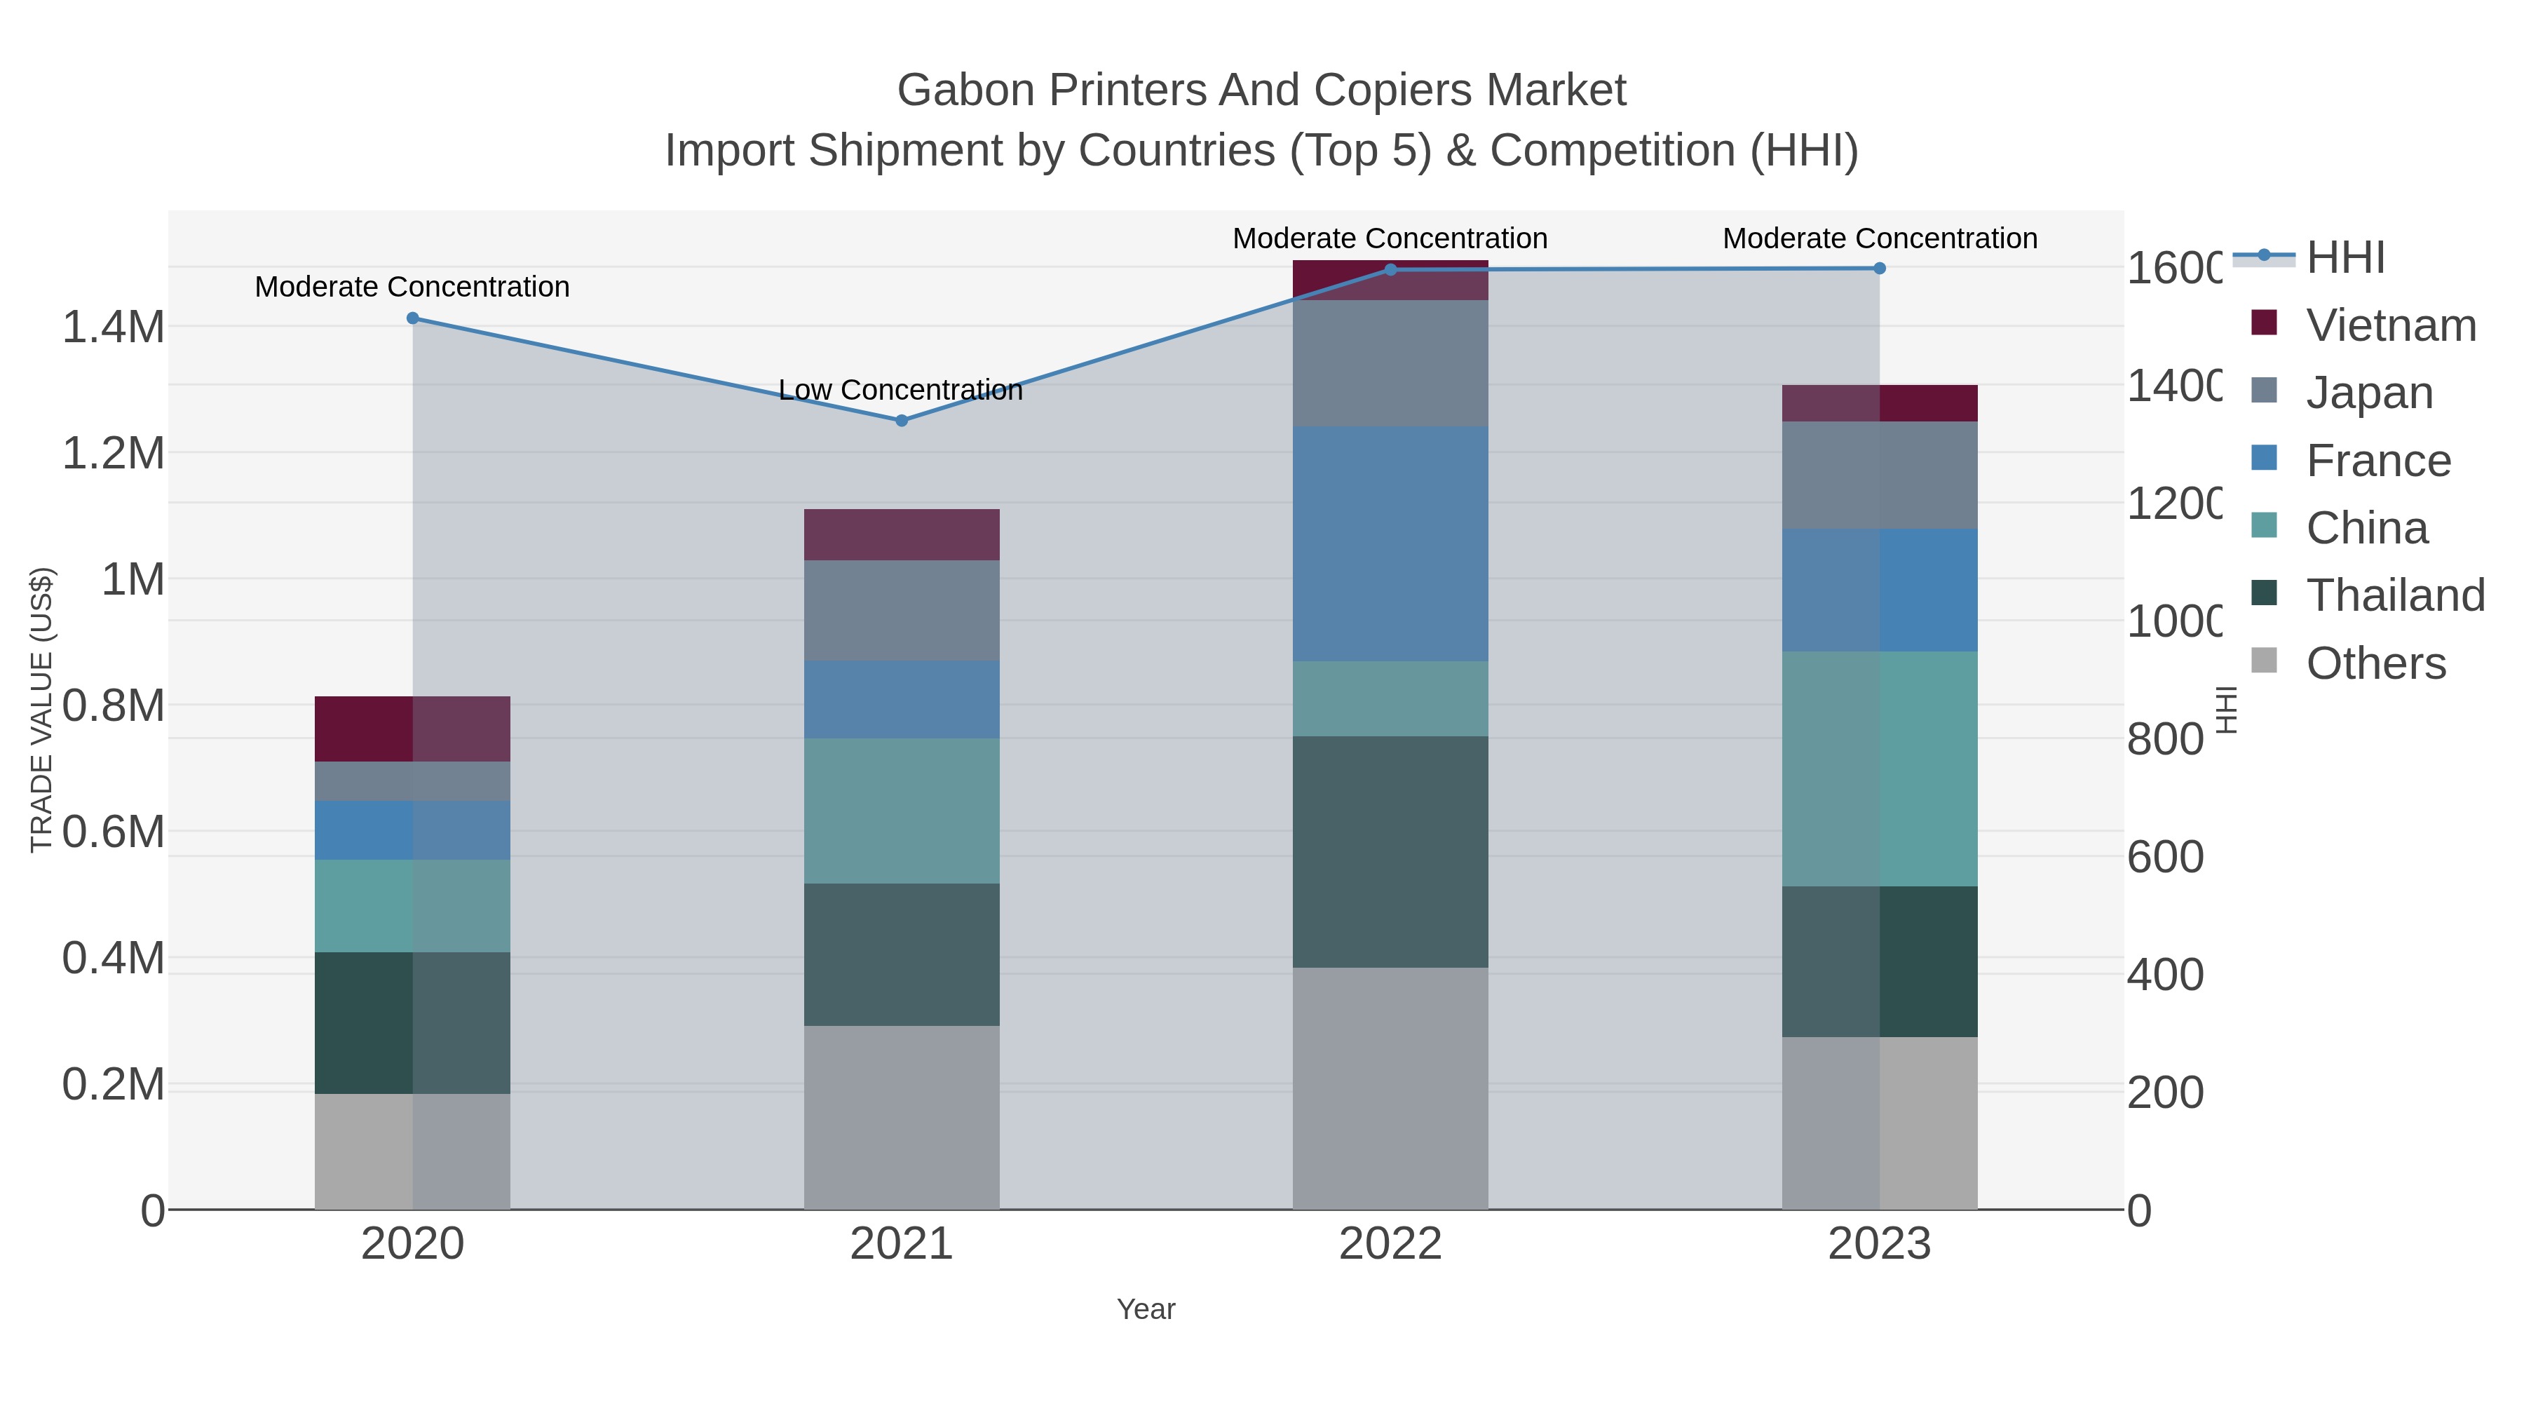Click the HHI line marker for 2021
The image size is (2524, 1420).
coord(902,421)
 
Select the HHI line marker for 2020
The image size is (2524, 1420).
coord(412,318)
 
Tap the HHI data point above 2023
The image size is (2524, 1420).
coord(1879,269)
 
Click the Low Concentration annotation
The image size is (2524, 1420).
coord(900,390)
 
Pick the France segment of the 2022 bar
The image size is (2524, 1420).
coord(1390,544)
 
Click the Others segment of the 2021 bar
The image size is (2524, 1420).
coord(902,1117)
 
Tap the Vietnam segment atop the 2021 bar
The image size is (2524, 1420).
coord(902,535)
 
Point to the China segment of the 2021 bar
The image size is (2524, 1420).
coord(902,811)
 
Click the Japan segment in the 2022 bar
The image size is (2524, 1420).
coord(1390,363)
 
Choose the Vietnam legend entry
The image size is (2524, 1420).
coord(2391,325)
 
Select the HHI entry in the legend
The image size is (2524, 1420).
coord(2345,258)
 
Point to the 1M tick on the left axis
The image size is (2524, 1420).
coord(133,580)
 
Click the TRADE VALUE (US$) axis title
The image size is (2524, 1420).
coord(41,710)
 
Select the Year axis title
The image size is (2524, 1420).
coord(1146,1309)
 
